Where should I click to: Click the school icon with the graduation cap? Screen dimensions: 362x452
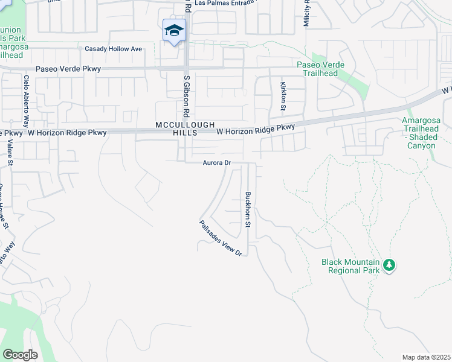[173, 30]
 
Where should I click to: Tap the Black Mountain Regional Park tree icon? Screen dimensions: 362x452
[390, 264]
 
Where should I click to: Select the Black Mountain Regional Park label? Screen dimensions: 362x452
[350, 266]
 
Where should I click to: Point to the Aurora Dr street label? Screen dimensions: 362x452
[217, 163]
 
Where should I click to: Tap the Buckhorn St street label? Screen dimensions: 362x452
[247, 209]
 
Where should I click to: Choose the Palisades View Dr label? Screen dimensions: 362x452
[221, 238]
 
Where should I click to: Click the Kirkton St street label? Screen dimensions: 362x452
[282, 96]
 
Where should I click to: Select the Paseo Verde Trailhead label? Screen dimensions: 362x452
[320, 69]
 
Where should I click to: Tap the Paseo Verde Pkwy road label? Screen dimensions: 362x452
[68, 69]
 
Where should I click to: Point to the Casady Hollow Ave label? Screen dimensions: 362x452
[113, 49]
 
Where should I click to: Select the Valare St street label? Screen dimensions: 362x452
[10, 153]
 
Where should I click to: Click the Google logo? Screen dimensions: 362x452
[20, 355]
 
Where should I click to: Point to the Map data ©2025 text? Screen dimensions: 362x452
[426, 357]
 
